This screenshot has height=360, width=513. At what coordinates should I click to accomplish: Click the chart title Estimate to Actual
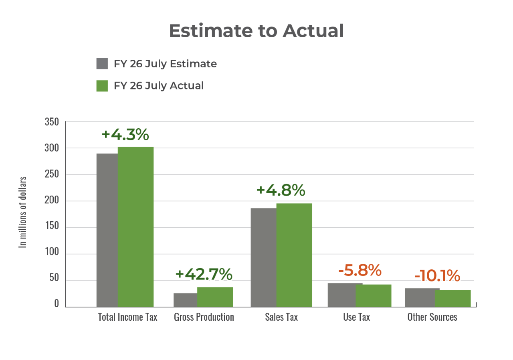[x=256, y=31]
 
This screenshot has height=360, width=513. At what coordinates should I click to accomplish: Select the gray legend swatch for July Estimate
[x=102, y=64]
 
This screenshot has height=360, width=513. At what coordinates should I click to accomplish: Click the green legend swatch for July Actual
[x=102, y=86]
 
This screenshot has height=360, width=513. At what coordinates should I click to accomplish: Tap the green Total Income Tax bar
[x=135, y=227]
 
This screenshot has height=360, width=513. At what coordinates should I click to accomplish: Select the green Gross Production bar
[x=215, y=297]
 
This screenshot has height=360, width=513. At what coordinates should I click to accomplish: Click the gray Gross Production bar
[x=185, y=299]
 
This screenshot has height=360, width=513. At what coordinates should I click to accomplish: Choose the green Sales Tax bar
[x=294, y=255]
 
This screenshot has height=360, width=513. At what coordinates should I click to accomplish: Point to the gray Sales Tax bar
[x=263, y=257]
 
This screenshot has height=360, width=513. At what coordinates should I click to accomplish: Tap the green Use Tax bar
[x=374, y=295]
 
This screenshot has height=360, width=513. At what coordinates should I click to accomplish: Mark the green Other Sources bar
[x=453, y=298]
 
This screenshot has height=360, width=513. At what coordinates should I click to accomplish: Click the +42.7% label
[x=204, y=274]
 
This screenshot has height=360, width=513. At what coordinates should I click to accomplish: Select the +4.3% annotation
[x=125, y=135]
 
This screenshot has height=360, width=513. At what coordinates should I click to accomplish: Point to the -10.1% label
[x=437, y=276]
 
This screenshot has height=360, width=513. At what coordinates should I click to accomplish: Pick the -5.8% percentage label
[x=360, y=271]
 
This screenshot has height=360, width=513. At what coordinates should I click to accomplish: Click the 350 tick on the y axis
[x=51, y=122]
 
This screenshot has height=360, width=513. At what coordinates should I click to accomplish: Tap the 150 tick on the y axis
[x=51, y=227]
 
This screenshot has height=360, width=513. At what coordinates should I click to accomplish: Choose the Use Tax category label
[x=357, y=317]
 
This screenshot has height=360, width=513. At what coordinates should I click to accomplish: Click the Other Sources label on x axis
[x=432, y=317]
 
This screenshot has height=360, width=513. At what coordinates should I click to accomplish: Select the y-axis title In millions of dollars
[x=23, y=212]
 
